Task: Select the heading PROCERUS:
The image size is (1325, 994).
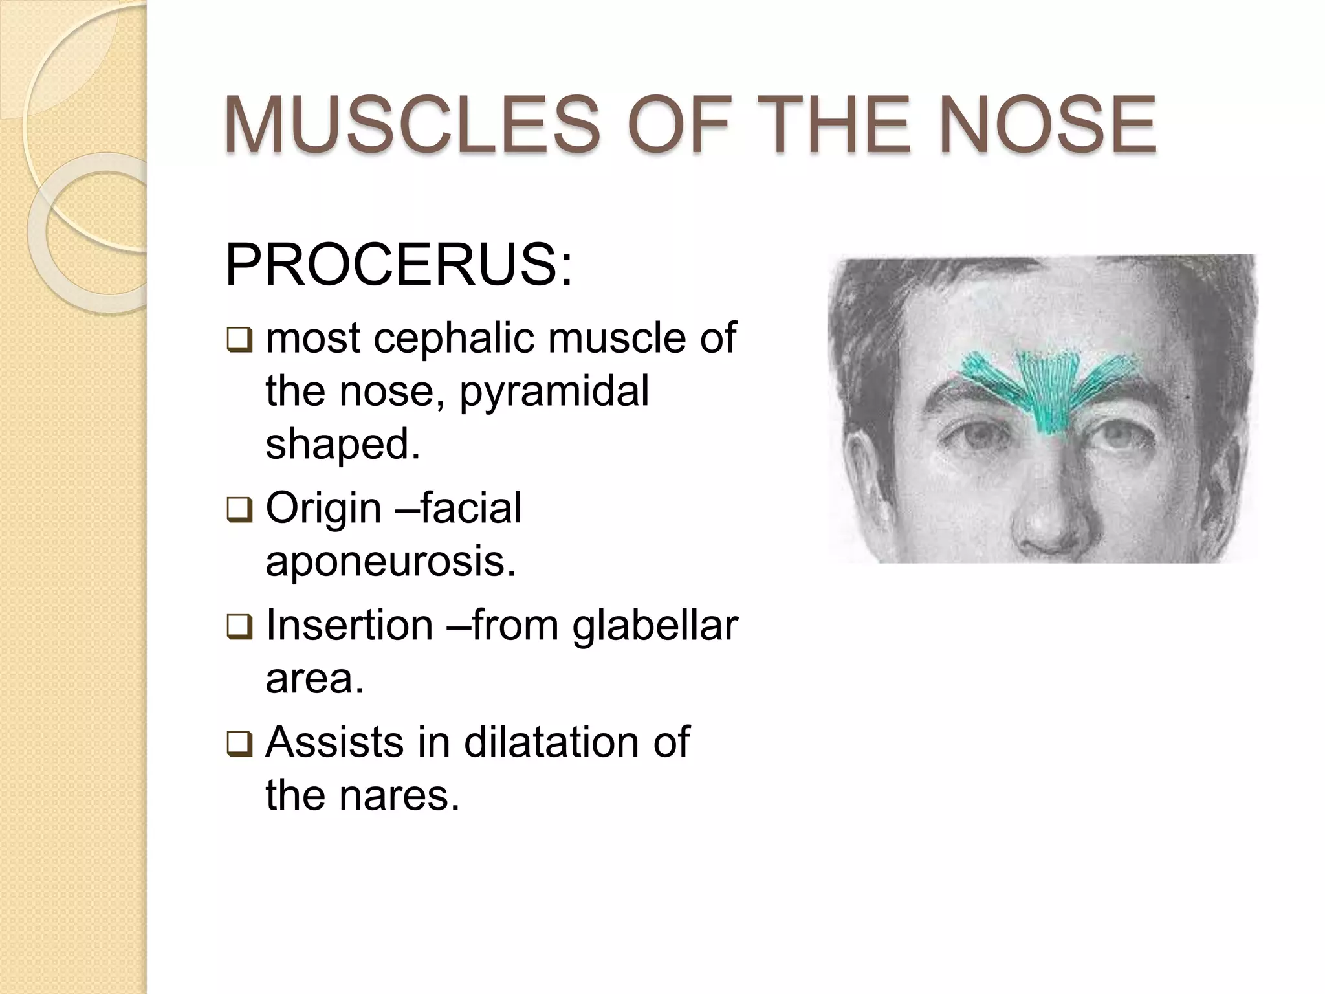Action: (x=399, y=267)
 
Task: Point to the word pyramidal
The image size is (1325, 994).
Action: (x=554, y=392)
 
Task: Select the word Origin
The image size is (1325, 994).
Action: (x=323, y=508)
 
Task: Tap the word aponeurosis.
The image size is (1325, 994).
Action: (x=391, y=562)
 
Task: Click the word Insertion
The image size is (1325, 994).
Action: (x=349, y=626)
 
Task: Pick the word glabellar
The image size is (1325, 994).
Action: (x=655, y=626)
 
